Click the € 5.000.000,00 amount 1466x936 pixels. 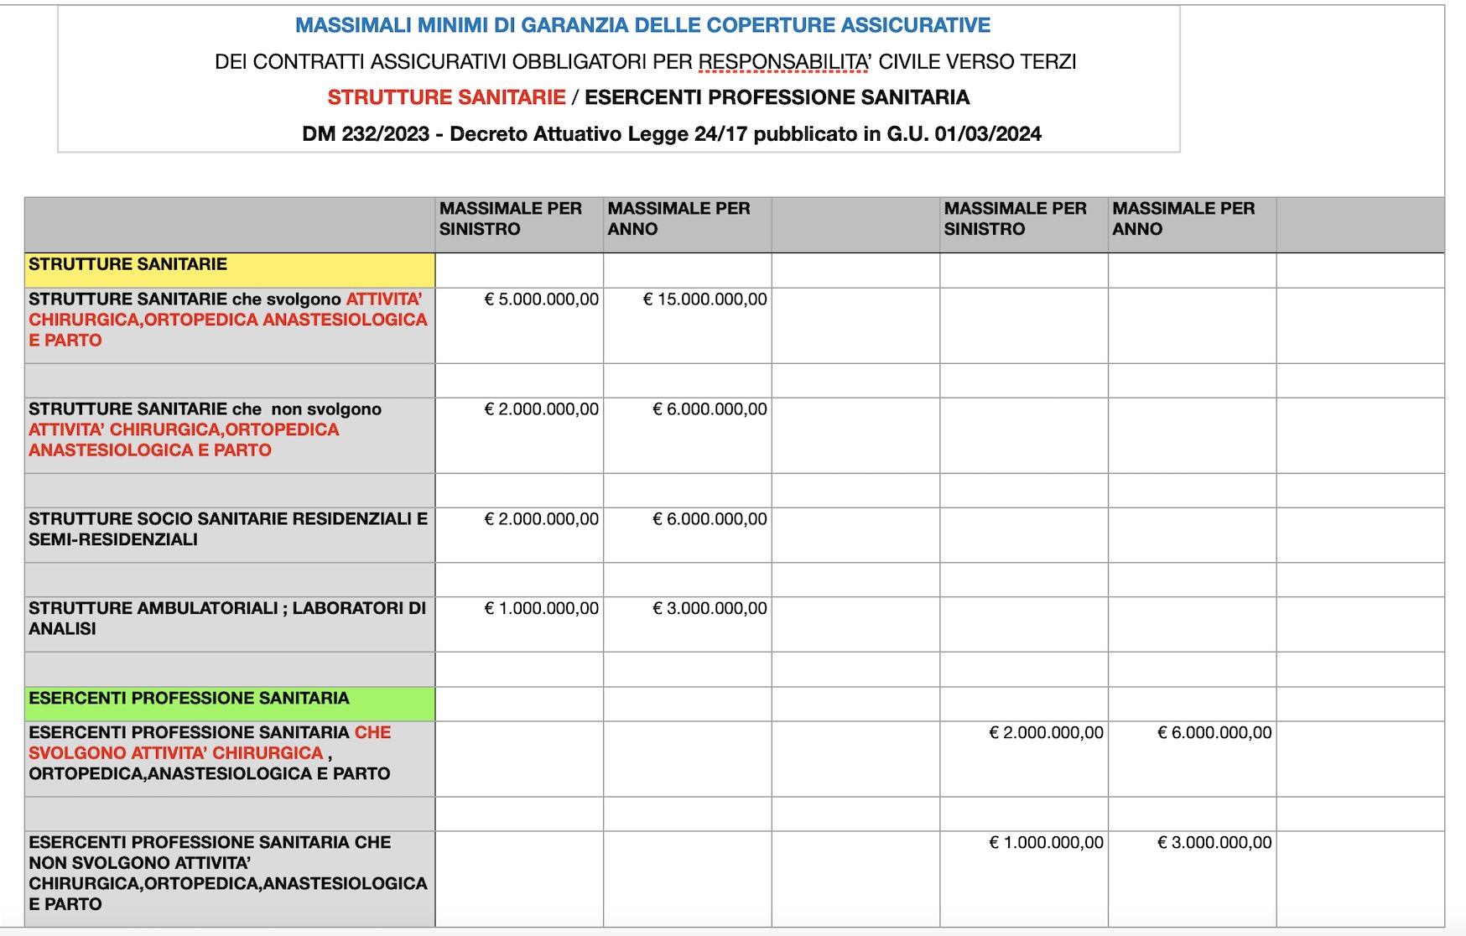click(542, 299)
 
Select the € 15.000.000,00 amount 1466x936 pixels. click(705, 299)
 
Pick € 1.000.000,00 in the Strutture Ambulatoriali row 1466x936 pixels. click(542, 609)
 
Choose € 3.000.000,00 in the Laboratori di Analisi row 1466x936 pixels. click(710, 609)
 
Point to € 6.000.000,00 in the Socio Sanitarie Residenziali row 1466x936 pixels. click(710, 519)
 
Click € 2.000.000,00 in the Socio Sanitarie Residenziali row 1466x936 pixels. click(542, 519)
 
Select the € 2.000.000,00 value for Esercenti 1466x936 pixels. click(1047, 733)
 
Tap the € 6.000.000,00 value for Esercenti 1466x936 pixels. click(1215, 733)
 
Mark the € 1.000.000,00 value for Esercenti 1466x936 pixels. click(1047, 843)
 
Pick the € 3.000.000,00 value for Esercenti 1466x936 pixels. click(1215, 843)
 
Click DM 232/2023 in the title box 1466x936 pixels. click(366, 134)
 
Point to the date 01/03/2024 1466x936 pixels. click(988, 134)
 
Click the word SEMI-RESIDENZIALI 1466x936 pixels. click(113, 540)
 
